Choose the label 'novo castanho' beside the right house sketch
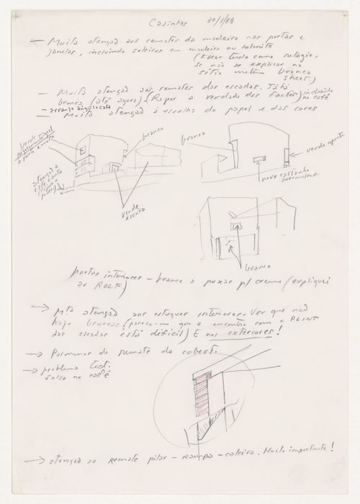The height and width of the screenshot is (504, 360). [279, 175]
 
